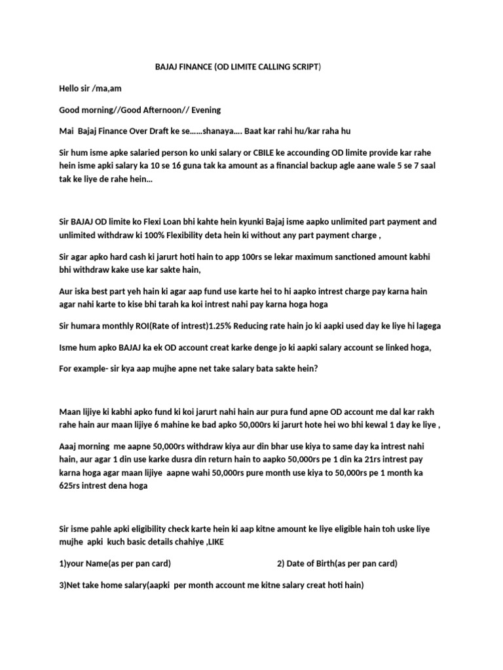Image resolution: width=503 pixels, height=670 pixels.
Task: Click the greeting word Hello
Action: pos(70,88)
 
